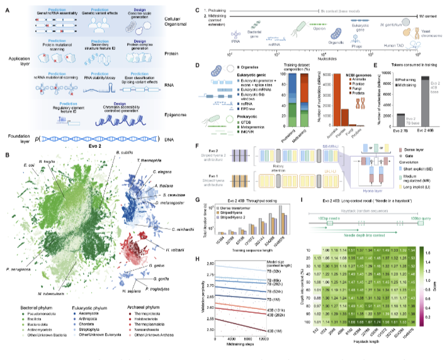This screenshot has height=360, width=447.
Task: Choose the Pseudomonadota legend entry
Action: pyautogui.click(x=38, y=313)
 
